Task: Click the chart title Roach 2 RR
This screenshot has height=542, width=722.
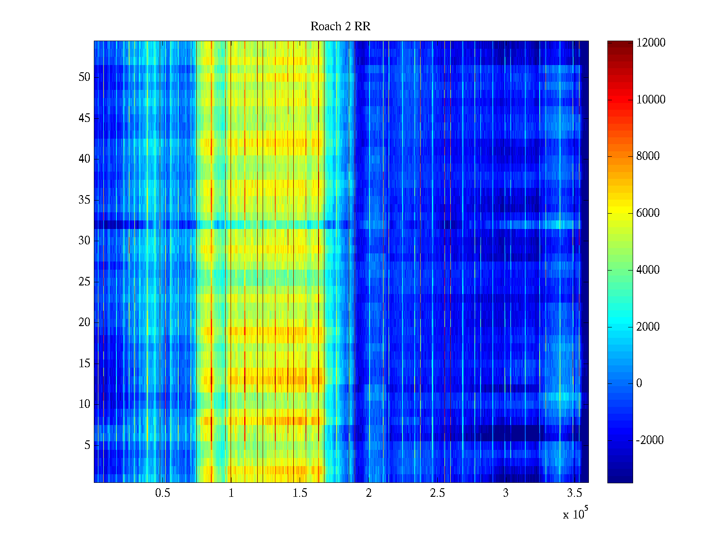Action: pyautogui.click(x=340, y=27)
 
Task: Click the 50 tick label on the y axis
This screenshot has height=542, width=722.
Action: pyautogui.click(x=84, y=77)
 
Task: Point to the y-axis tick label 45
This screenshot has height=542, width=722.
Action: pyautogui.click(x=84, y=118)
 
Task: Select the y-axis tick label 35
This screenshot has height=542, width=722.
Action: pyautogui.click(x=84, y=200)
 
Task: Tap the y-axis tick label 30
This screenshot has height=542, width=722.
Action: pyautogui.click(x=84, y=241)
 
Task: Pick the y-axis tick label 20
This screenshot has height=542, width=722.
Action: pyautogui.click(x=84, y=322)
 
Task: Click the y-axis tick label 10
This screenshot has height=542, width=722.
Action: pyautogui.click(x=84, y=404)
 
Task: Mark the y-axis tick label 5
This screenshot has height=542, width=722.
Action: pyautogui.click(x=87, y=445)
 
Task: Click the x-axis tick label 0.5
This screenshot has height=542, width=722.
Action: pyautogui.click(x=162, y=493)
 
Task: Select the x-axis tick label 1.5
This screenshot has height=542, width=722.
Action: pyautogui.click(x=300, y=493)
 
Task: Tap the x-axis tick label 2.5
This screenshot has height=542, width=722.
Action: pyautogui.click(x=437, y=493)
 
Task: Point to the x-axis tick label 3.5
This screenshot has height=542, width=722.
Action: pyautogui.click(x=574, y=493)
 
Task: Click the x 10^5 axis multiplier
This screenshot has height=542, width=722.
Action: pyautogui.click(x=575, y=514)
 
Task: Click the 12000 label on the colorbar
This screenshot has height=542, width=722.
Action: pyautogui.click(x=651, y=43)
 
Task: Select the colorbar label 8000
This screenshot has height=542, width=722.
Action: pyautogui.click(x=648, y=156)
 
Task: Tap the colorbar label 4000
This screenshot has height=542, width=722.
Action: pyautogui.click(x=648, y=270)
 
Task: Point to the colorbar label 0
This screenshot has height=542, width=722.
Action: pyautogui.click(x=639, y=383)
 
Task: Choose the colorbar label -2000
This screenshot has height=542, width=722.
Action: pyautogui.click(x=650, y=440)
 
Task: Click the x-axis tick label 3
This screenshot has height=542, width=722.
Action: pyautogui.click(x=505, y=493)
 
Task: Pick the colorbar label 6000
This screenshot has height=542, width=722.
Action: pyautogui.click(x=648, y=213)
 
